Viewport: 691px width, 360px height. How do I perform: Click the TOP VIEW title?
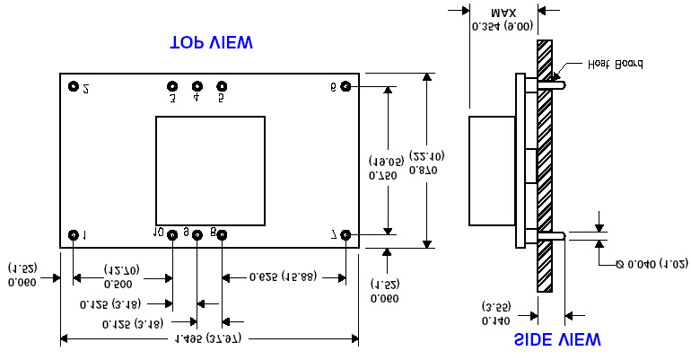click(211, 43)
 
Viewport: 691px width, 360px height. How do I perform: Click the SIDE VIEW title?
click(556, 339)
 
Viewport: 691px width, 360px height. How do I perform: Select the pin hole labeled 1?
click(74, 235)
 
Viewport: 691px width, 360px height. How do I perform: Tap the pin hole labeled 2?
click(74, 87)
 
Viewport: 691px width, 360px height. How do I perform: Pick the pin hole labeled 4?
click(197, 87)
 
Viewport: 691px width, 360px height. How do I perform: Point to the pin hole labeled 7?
click(346, 235)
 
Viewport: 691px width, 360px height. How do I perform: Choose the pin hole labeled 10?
click(171, 235)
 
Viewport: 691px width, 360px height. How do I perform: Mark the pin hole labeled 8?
click(223, 235)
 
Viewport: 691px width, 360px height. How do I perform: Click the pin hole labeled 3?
click(172, 87)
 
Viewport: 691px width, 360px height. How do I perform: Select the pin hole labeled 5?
click(223, 87)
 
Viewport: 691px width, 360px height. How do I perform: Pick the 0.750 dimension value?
click(377, 175)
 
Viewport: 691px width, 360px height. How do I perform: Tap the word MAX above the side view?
click(504, 13)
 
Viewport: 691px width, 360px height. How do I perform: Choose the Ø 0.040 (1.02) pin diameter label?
click(652, 264)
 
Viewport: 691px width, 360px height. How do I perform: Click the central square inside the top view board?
click(210, 171)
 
